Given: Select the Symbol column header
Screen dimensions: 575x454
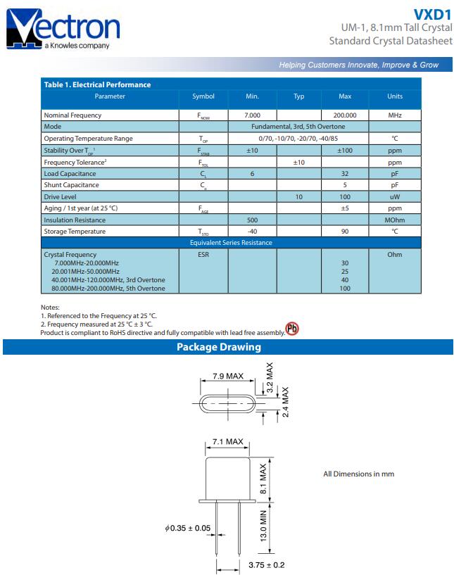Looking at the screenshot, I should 203,96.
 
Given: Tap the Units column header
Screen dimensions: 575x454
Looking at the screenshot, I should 395,96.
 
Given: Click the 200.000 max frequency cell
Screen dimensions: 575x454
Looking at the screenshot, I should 345,115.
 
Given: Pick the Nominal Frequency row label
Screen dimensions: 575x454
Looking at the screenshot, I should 72,115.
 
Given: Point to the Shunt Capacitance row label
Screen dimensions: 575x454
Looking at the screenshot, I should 71,185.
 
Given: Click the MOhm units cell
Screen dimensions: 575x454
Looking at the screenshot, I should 395,220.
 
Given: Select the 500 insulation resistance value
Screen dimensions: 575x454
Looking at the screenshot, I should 252,220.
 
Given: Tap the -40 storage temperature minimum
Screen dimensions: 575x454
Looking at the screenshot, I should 252,232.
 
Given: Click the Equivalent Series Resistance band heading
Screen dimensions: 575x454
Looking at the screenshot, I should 231,243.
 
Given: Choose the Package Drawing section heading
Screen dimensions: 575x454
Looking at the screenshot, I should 218,347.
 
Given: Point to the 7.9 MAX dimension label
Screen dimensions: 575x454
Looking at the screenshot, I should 228,377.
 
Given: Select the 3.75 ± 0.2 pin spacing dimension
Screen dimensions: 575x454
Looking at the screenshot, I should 266,564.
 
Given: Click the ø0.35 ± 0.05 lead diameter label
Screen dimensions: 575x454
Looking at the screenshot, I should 187,528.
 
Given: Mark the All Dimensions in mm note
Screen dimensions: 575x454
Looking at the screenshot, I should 358,474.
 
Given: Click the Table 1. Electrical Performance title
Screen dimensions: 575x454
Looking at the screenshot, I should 97,84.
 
